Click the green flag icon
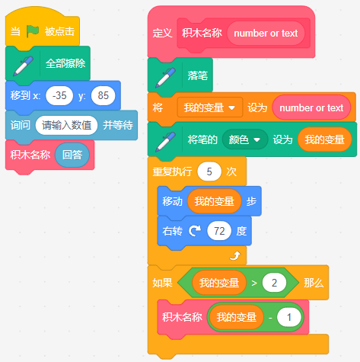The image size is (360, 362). [33, 31]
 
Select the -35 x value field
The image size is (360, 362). [59, 96]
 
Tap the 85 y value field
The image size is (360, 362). [103, 96]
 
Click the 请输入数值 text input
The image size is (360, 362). [66, 125]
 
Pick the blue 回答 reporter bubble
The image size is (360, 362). [72, 155]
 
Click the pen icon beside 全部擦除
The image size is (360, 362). [23, 66]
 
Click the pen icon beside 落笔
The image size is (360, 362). [165, 78]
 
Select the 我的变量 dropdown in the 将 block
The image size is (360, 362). [210, 107]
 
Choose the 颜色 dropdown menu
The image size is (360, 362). [245, 139]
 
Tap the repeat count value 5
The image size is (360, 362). [209, 171]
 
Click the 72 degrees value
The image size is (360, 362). [219, 231]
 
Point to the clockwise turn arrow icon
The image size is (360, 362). [195, 231]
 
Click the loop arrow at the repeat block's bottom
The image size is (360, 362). [235, 255]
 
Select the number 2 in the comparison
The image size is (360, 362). [274, 283]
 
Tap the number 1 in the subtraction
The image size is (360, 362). [289, 317]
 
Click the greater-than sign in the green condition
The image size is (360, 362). [254, 283]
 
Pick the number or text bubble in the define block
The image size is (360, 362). [266, 34]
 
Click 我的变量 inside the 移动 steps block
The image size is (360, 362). [214, 201]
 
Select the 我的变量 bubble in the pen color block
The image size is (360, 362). [324, 139]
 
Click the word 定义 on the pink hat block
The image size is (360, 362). [162, 34]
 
